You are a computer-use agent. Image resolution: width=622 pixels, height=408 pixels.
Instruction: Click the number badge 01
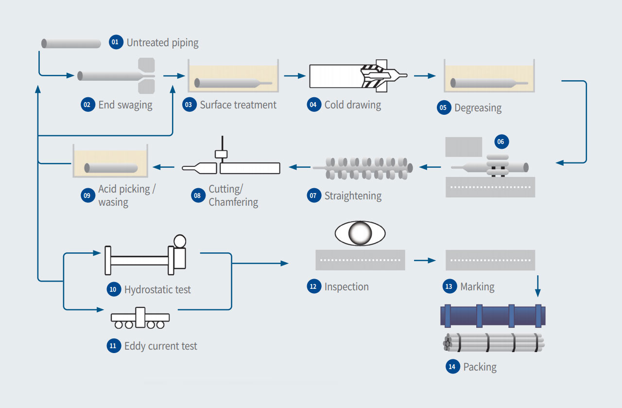(x=115, y=42)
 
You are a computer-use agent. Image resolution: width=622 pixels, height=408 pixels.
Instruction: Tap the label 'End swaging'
(x=125, y=105)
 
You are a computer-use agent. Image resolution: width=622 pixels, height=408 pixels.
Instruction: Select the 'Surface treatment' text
(x=238, y=105)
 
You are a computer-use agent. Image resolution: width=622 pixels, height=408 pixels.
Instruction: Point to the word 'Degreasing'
(x=478, y=108)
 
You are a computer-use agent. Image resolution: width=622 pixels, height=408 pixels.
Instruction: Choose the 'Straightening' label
(x=353, y=196)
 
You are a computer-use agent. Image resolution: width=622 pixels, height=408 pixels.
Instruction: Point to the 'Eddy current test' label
(x=160, y=346)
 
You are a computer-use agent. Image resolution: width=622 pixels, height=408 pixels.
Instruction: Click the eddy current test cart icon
(x=140, y=318)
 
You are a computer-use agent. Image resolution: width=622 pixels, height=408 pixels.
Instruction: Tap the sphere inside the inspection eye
(x=360, y=234)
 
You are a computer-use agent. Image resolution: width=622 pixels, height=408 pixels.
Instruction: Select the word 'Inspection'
(x=346, y=287)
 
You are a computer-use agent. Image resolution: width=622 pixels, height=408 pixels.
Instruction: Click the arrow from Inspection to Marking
(x=425, y=261)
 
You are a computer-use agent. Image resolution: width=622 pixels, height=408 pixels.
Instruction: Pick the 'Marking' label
(x=477, y=287)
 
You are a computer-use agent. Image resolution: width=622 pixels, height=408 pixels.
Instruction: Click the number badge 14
(x=452, y=367)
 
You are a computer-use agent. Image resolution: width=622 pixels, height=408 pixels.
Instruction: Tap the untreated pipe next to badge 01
(x=71, y=43)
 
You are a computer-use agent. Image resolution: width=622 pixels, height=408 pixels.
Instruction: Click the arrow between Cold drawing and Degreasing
(x=424, y=76)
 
